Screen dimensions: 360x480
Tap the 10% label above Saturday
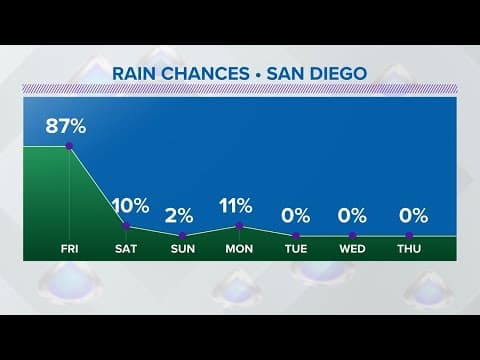pyautogui.click(x=130, y=207)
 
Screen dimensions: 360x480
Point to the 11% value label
pyautogui.click(x=238, y=207)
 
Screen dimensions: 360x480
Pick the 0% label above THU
pyautogui.click(x=412, y=215)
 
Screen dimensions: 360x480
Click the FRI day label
pyautogui.click(x=69, y=248)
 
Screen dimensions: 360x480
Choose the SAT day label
pyautogui.click(x=126, y=248)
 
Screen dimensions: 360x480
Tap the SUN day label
pyautogui.click(x=183, y=248)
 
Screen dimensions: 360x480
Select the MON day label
pyautogui.click(x=239, y=248)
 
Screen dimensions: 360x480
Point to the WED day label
pyautogui.click(x=352, y=248)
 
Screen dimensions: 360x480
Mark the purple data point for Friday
pyautogui.click(x=69, y=146)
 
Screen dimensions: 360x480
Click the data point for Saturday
pyautogui.click(x=126, y=226)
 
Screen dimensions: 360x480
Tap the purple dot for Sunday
pyautogui.click(x=183, y=234)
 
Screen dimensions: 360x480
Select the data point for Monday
pyautogui.click(x=239, y=226)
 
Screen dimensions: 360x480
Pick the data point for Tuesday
pyautogui.click(x=296, y=236)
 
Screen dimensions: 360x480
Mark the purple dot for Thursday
pyautogui.click(x=409, y=236)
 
